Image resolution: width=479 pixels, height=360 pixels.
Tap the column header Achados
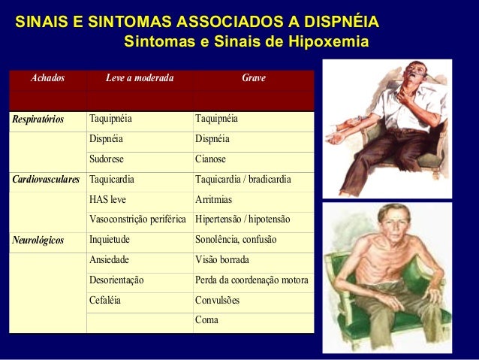tap(47, 78)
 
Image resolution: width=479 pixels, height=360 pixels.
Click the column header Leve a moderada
tap(139, 78)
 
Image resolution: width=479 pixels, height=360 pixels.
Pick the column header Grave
tap(253, 78)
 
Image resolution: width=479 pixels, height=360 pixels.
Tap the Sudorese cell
tap(107, 159)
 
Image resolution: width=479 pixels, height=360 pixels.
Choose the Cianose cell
tap(211, 159)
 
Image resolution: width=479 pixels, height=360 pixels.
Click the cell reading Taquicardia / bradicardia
tap(243, 180)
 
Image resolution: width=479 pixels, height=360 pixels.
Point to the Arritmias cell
tap(213, 200)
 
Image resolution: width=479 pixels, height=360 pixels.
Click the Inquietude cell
tap(110, 241)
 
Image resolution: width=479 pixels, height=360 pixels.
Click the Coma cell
tap(206, 322)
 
